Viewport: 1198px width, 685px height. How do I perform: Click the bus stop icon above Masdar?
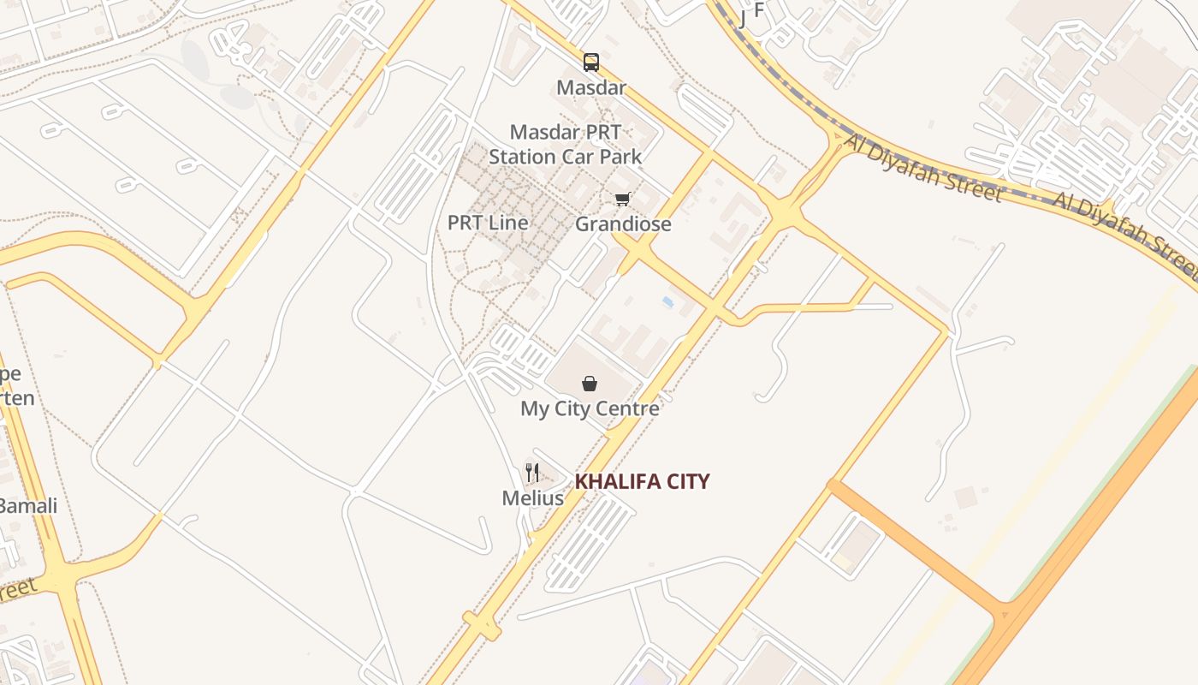point(591,62)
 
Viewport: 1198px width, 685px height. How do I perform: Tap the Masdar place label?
point(591,87)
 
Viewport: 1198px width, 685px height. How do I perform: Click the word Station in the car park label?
point(522,157)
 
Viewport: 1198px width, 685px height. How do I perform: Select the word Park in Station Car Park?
point(620,157)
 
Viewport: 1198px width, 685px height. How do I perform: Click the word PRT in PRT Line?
point(466,223)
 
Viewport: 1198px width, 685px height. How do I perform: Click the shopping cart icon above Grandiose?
point(623,199)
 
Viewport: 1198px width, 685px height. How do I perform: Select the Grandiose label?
point(623,224)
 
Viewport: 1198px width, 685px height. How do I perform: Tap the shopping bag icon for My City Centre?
point(590,384)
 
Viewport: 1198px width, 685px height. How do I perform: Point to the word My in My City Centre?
point(535,408)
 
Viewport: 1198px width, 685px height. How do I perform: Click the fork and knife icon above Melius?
point(532,472)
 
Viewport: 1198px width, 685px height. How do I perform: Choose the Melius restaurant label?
point(532,497)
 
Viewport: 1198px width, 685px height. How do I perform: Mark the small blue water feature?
point(667,302)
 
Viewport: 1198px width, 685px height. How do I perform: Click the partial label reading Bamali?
point(28,506)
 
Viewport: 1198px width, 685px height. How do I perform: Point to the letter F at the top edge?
point(758,9)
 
